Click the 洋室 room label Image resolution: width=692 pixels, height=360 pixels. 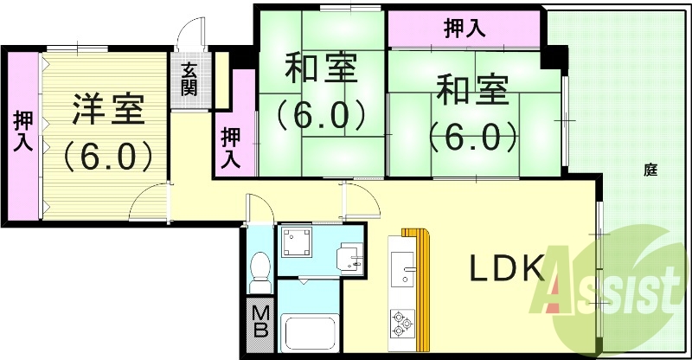point(107,109)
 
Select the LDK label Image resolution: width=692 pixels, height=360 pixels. point(506,269)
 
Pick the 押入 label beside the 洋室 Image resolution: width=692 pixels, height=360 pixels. point(22,132)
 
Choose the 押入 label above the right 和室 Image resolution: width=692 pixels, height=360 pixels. point(464,29)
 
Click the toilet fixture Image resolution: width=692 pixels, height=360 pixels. point(259,272)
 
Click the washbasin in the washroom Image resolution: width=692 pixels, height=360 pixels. point(351,257)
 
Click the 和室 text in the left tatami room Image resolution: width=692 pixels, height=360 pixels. point(319,69)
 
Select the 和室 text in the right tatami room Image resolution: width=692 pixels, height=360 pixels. point(471,90)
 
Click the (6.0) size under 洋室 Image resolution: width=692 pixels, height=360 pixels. point(107,157)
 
